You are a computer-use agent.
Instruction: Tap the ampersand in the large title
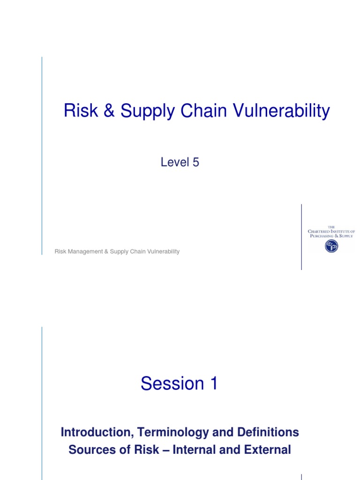click(x=107, y=112)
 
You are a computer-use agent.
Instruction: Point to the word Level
click(x=173, y=162)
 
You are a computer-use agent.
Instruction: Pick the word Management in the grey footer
click(x=85, y=252)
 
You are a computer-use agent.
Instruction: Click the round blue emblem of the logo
click(x=331, y=246)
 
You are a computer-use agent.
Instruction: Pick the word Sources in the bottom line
click(x=88, y=450)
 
